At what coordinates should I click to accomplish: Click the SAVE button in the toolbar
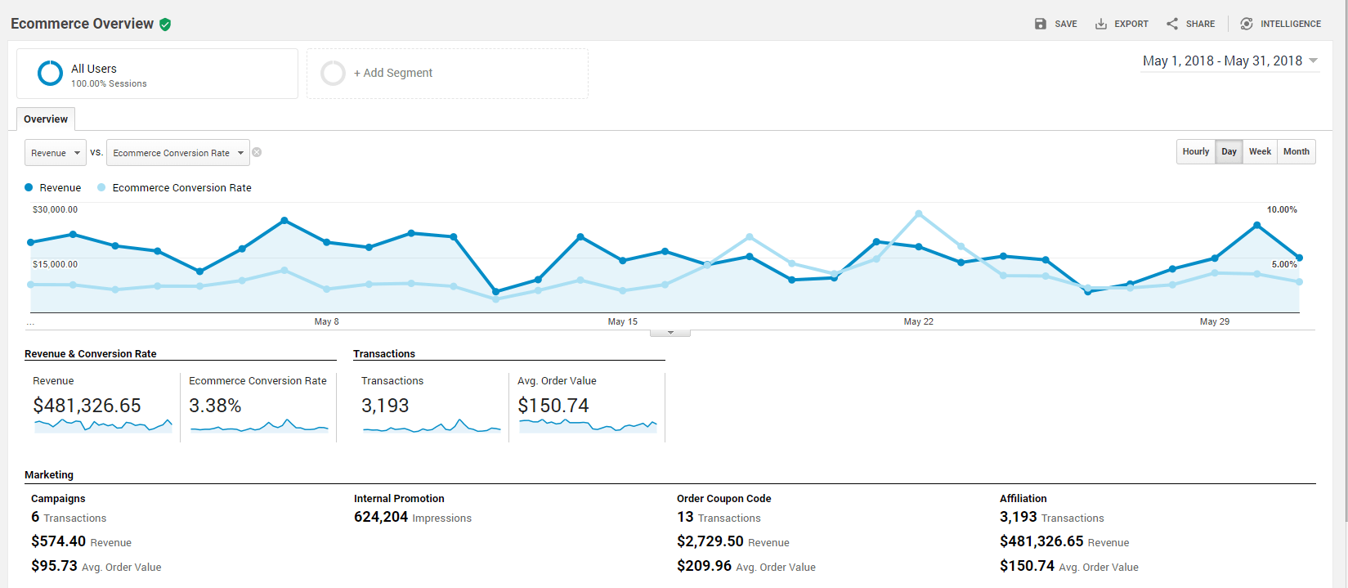coord(1055,24)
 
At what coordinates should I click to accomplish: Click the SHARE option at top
coord(1191,24)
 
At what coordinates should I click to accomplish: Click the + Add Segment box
coord(447,74)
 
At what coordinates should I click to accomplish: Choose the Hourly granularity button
coord(1195,152)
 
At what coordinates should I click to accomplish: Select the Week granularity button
coord(1260,152)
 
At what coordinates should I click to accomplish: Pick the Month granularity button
coord(1296,152)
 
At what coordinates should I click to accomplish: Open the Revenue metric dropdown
coord(56,153)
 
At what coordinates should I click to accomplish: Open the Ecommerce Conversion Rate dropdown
coord(178,153)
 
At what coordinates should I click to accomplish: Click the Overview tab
coord(46,119)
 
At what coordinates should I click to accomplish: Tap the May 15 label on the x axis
coord(622,321)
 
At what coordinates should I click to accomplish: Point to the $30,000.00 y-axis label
coord(55,209)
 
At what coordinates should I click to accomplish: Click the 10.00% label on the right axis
coord(1281,209)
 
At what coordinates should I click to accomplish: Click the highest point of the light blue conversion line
coord(919,213)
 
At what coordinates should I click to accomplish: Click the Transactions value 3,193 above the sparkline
coord(385,406)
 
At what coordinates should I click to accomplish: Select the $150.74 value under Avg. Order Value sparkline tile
coord(553,406)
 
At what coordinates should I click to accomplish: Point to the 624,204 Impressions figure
coord(381,517)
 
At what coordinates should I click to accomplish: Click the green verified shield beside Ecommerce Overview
coord(165,25)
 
